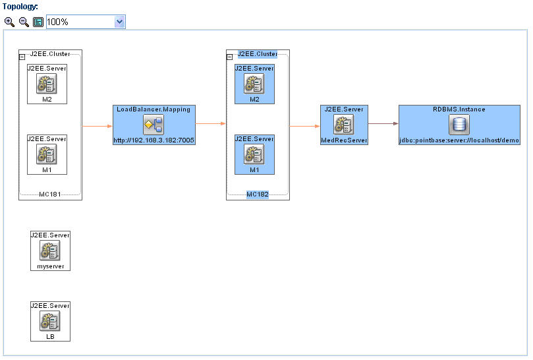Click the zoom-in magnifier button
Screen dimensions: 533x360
click(9, 22)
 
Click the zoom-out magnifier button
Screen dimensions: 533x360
click(24, 22)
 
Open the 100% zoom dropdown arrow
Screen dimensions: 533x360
click(119, 22)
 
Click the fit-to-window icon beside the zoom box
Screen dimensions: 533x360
click(38, 22)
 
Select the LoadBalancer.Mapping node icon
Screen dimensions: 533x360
click(154, 125)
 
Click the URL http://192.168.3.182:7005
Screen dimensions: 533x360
click(154, 140)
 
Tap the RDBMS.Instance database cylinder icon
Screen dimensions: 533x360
click(459, 125)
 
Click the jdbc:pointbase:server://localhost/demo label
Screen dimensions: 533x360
click(459, 140)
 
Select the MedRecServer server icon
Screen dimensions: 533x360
click(344, 125)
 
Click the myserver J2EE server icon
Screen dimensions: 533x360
click(50, 251)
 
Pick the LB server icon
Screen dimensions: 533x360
click(50, 321)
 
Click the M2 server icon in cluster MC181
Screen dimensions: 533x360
click(47, 84)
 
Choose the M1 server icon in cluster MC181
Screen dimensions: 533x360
click(47, 154)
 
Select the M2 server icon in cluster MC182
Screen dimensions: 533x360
click(254, 84)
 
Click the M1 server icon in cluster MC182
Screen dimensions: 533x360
click(254, 154)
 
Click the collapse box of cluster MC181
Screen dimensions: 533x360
click(22, 57)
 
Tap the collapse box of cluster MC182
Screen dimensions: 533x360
click(229, 57)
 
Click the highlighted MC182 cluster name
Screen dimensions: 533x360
click(258, 195)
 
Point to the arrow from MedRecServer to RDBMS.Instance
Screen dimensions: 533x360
click(383, 123)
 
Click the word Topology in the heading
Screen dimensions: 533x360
click(20, 7)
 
